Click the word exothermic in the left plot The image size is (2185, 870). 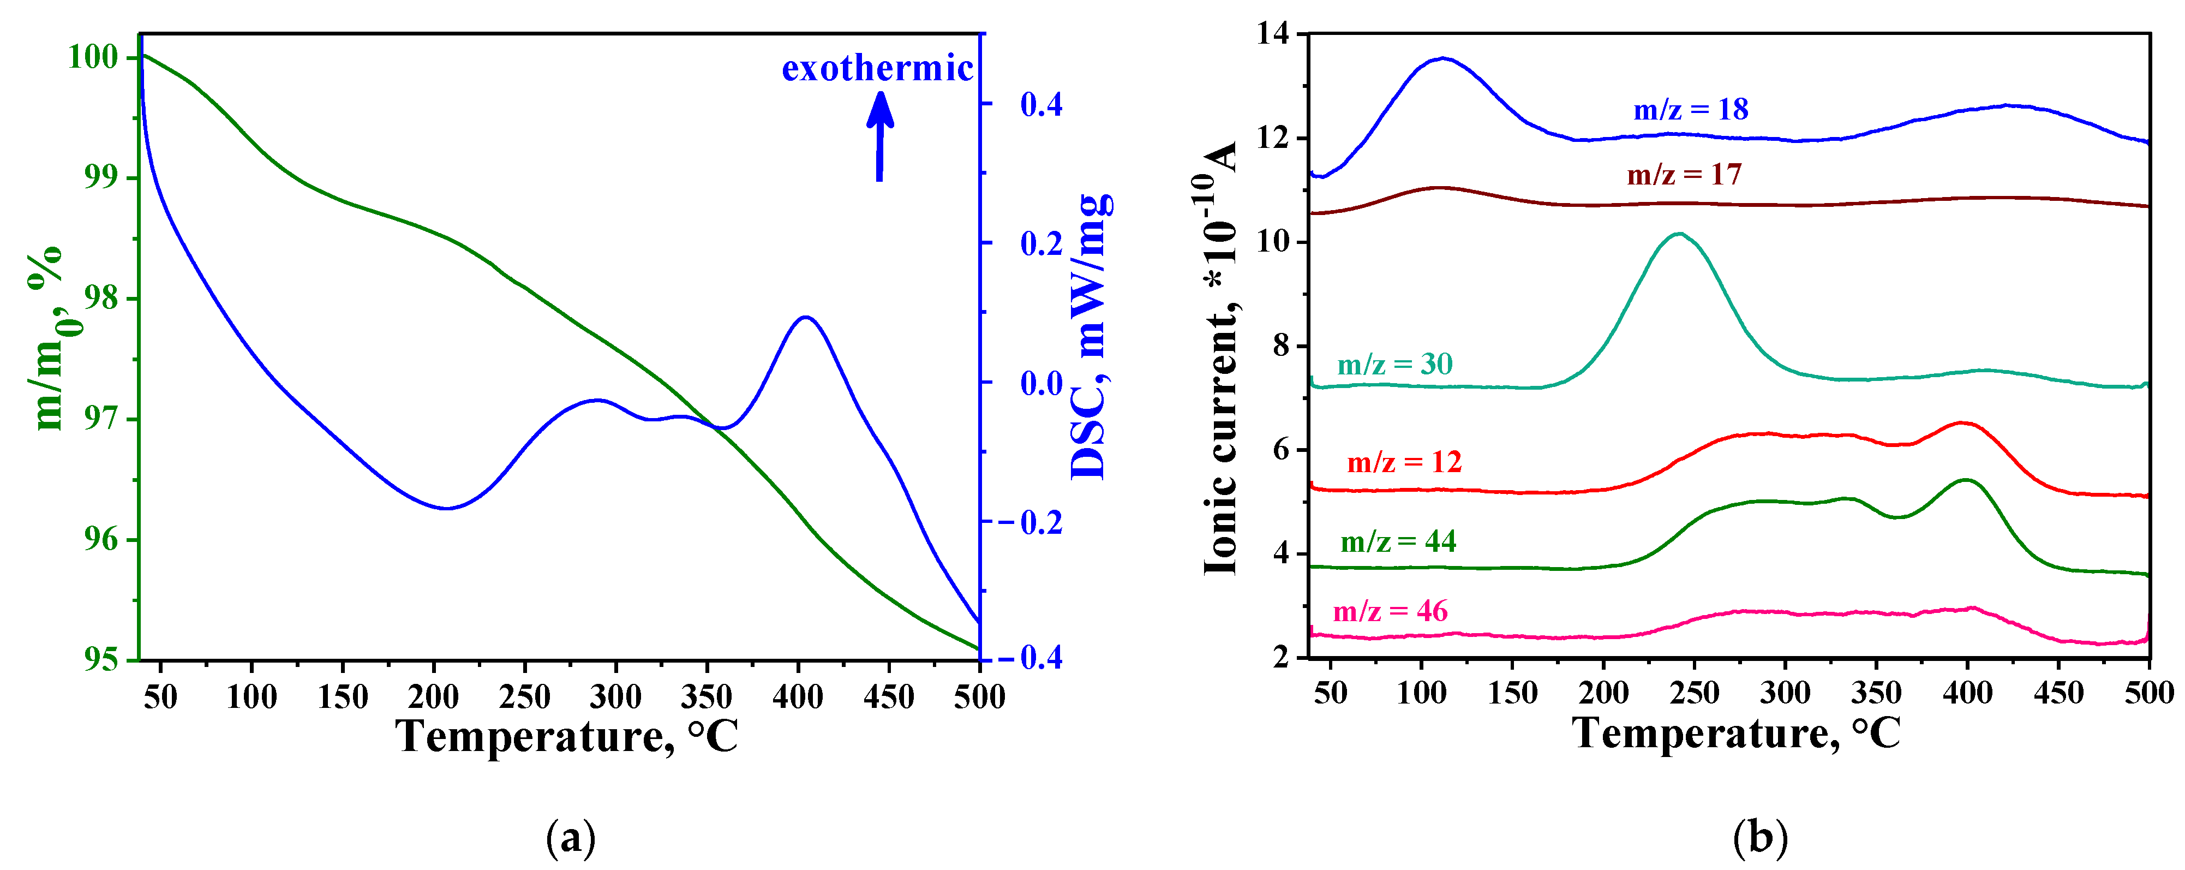point(877,68)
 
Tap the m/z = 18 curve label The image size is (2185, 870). point(1691,110)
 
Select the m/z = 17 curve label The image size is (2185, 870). point(1684,174)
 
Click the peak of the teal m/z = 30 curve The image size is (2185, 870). point(1679,234)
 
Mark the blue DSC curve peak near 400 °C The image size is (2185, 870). point(804,318)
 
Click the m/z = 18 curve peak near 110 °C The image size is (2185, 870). point(1442,58)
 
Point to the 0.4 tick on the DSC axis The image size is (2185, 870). point(1041,104)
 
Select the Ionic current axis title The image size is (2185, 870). point(1220,356)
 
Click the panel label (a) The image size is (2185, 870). point(571,838)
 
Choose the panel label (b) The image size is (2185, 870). point(1760,838)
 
